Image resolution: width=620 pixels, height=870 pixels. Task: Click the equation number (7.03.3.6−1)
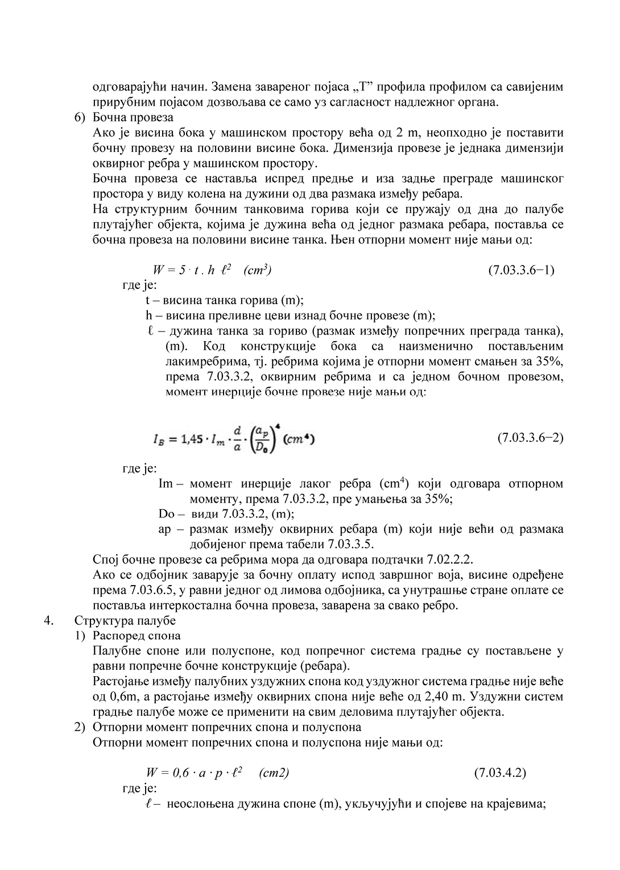click(x=521, y=270)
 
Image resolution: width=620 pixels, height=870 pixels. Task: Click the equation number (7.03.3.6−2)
click(x=530, y=438)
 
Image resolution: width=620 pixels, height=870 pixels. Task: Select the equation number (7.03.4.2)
click(x=499, y=773)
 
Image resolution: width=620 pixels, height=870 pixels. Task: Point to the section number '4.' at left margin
click(x=48, y=620)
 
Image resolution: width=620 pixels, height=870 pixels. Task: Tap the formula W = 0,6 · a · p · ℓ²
click(x=194, y=773)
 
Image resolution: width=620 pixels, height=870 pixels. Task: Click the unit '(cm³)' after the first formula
click(x=257, y=270)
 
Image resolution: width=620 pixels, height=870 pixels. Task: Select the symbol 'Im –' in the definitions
click(x=170, y=484)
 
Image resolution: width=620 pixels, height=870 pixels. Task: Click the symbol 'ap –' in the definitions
click(x=170, y=529)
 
